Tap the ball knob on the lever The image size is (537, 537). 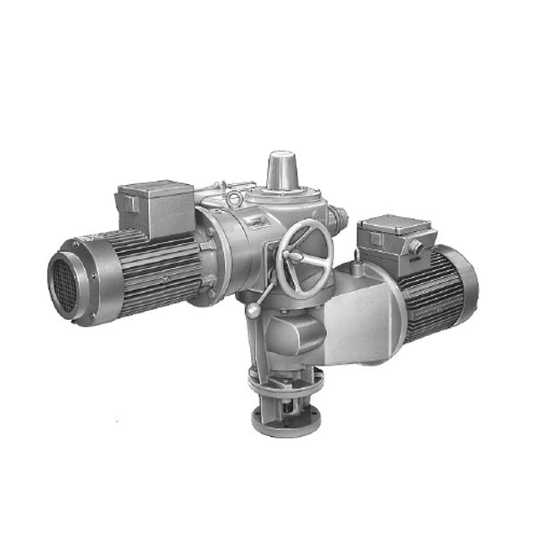[254, 310]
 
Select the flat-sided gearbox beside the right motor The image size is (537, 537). [357, 317]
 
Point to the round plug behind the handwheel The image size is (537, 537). [340, 217]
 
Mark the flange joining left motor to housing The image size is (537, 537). [208, 255]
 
